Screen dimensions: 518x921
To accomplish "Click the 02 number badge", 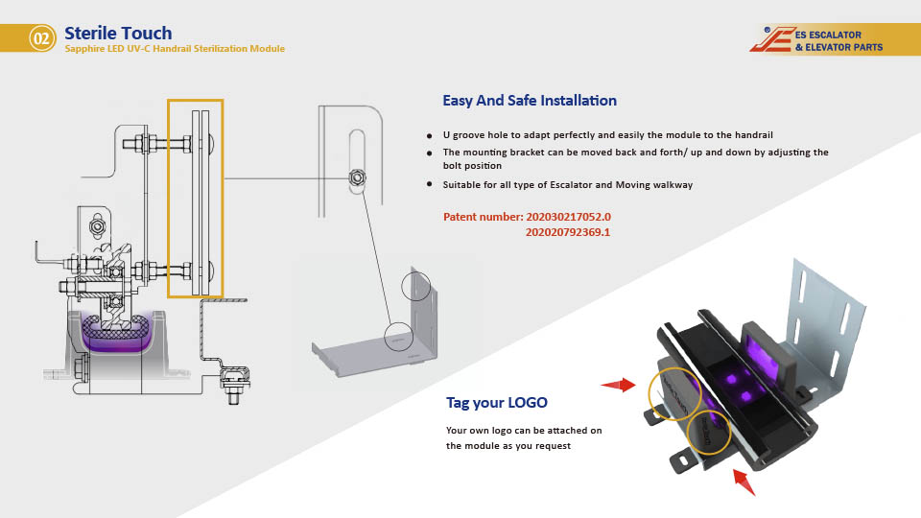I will [x=41, y=38].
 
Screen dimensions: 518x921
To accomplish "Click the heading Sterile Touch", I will [x=118, y=34].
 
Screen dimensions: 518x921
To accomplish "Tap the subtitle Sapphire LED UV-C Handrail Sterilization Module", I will [x=175, y=49].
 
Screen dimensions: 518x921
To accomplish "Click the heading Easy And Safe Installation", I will [x=530, y=101].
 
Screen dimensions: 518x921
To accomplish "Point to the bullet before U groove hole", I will [x=429, y=136].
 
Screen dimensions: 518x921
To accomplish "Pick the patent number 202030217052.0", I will [x=568, y=217].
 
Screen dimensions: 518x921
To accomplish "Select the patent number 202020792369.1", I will [x=568, y=232].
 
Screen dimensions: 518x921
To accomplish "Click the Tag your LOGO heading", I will [x=497, y=402].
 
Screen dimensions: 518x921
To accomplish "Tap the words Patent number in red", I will [x=483, y=217].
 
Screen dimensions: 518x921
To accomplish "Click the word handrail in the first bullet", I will [x=753, y=135].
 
